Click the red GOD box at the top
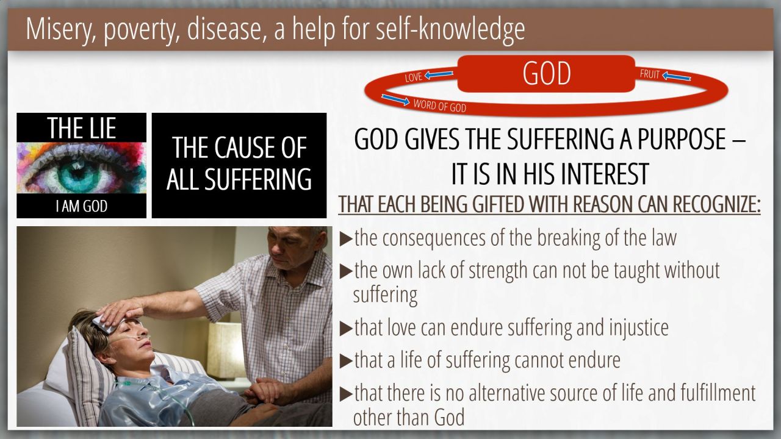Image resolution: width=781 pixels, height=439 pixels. (546, 74)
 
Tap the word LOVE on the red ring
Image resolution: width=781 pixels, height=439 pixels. (414, 77)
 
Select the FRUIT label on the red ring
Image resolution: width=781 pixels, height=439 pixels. (650, 74)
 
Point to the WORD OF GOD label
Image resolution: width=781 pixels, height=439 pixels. (440, 105)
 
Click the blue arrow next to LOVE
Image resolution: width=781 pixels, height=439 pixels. (439, 74)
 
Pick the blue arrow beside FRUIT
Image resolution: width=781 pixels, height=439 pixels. (677, 76)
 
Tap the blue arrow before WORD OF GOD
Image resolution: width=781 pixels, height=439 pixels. (395, 99)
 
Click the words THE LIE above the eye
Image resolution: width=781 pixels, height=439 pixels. (82, 128)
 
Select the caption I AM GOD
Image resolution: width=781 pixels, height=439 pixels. (82, 206)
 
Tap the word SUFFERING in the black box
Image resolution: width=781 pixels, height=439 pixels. (257, 179)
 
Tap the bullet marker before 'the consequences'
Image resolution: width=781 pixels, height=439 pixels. (346, 240)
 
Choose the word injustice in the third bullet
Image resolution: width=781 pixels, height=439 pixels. (639, 328)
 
